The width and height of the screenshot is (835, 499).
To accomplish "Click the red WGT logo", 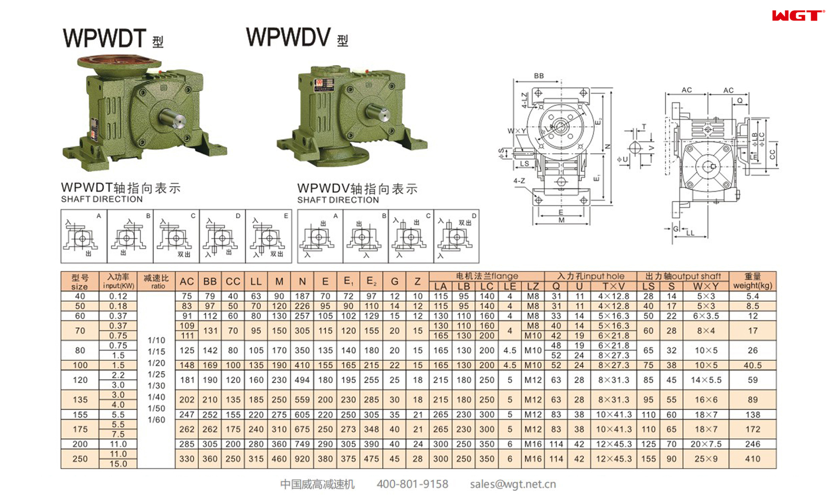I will (797, 16).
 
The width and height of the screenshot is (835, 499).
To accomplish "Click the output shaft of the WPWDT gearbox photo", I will (173, 119).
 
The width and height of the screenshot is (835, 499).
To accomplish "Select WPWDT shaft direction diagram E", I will (268, 236).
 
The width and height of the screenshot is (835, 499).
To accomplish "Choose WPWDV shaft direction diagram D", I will (456, 236).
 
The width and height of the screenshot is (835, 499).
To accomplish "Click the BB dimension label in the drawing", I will (539, 76).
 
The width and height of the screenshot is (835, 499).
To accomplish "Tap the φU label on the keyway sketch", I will (622, 160).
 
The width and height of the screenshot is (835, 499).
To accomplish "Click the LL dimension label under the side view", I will (690, 233).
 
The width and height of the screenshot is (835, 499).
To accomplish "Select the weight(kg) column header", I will (752, 281).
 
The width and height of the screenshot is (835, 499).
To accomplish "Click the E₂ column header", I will (371, 281).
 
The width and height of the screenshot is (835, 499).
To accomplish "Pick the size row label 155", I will (80, 415).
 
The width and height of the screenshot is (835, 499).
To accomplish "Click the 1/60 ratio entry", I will (156, 420).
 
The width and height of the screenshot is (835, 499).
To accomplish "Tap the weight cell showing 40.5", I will (752, 365).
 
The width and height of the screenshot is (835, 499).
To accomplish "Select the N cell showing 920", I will (302, 459).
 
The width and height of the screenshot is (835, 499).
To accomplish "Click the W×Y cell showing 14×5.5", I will (706, 380).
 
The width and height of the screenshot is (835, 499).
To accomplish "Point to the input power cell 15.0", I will (118, 464).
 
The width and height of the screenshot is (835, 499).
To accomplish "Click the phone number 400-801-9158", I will (412, 484).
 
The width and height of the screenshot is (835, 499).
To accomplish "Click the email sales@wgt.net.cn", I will (512, 484).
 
